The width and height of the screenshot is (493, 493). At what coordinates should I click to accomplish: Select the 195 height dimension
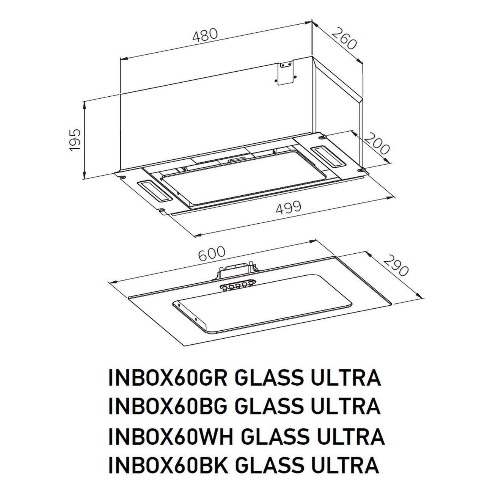tap(75, 140)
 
